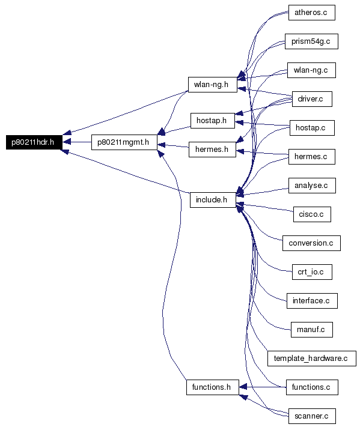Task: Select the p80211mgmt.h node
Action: (x=124, y=142)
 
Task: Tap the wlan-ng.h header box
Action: (x=213, y=85)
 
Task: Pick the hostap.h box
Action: (x=213, y=121)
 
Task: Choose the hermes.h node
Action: (x=212, y=150)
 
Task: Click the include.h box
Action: (x=213, y=200)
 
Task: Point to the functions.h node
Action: (x=213, y=387)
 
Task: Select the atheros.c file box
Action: (x=312, y=13)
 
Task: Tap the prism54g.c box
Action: (x=311, y=41)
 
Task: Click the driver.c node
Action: (x=312, y=99)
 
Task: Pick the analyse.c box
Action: (x=312, y=186)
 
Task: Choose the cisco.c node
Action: (x=312, y=214)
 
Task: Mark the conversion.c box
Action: (x=311, y=243)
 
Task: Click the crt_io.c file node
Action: (x=312, y=272)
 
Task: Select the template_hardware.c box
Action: (x=312, y=359)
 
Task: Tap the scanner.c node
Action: (x=312, y=416)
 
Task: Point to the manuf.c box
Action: (x=312, y=330)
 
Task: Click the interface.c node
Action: (x=312, y=301)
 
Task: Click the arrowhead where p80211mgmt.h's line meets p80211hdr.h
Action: (x=67, y=142)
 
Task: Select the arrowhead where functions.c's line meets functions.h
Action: (x=243, y=387)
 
